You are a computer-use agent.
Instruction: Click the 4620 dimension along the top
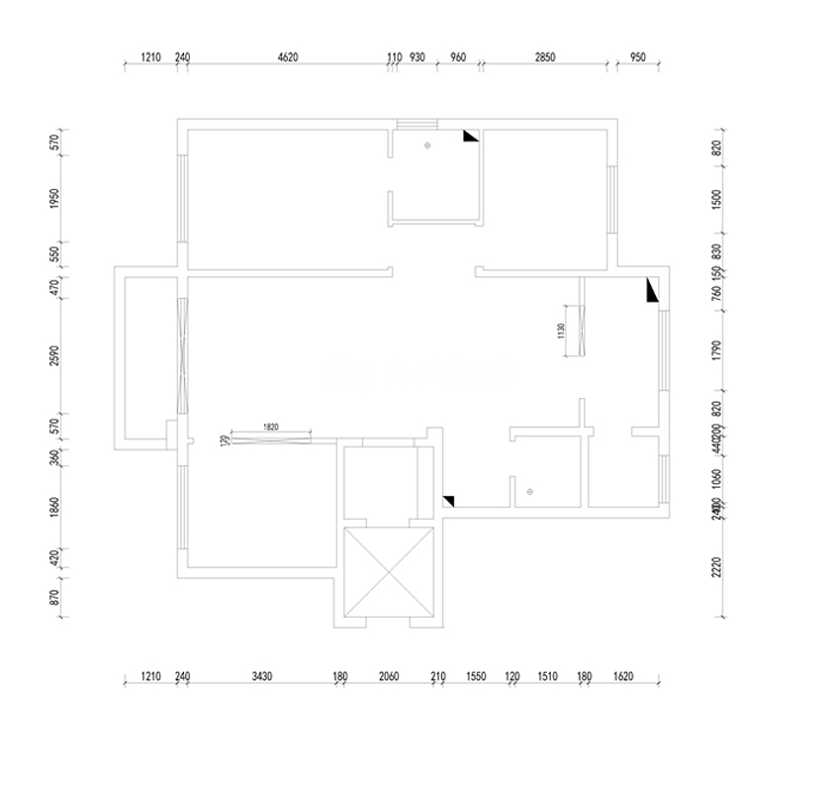tap(287, 58)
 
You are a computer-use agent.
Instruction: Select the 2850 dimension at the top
tap(545, 58)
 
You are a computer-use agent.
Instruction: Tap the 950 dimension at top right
tap(637, 58)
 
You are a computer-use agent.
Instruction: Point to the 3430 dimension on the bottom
tap(260, 677)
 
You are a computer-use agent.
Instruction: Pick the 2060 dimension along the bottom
tap(388, 677)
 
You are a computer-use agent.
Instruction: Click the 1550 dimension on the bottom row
tap(476, 677)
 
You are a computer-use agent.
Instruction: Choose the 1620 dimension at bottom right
tap(623, 677)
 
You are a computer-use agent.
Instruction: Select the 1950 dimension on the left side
tap(56, 198)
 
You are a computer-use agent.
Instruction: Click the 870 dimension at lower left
tap(56, 597)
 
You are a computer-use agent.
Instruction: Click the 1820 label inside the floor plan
tap(271, 427)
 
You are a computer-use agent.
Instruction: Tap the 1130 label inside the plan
tap(560, 330)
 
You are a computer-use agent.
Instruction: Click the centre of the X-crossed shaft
tap(388, 573)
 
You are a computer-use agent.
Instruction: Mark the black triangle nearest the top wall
tap(470, 136)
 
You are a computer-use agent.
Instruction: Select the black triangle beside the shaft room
tap(448, 501)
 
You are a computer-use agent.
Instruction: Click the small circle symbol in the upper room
tap(427, 146)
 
